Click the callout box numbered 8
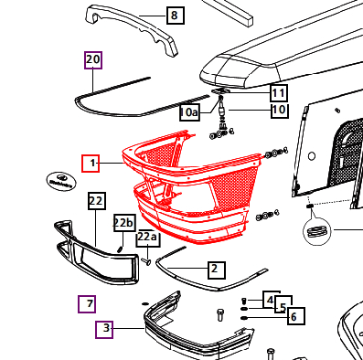176,15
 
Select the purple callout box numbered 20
93,60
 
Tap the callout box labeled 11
279,93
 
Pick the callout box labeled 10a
189,112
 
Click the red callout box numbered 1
91,164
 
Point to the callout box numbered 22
97,201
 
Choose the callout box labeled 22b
124,223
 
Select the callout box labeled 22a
147,238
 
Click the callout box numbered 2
217,270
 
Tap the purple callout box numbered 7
87,304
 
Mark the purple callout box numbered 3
104,330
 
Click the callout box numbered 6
295,316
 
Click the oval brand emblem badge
61,182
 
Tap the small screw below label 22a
146,261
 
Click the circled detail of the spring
317,230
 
